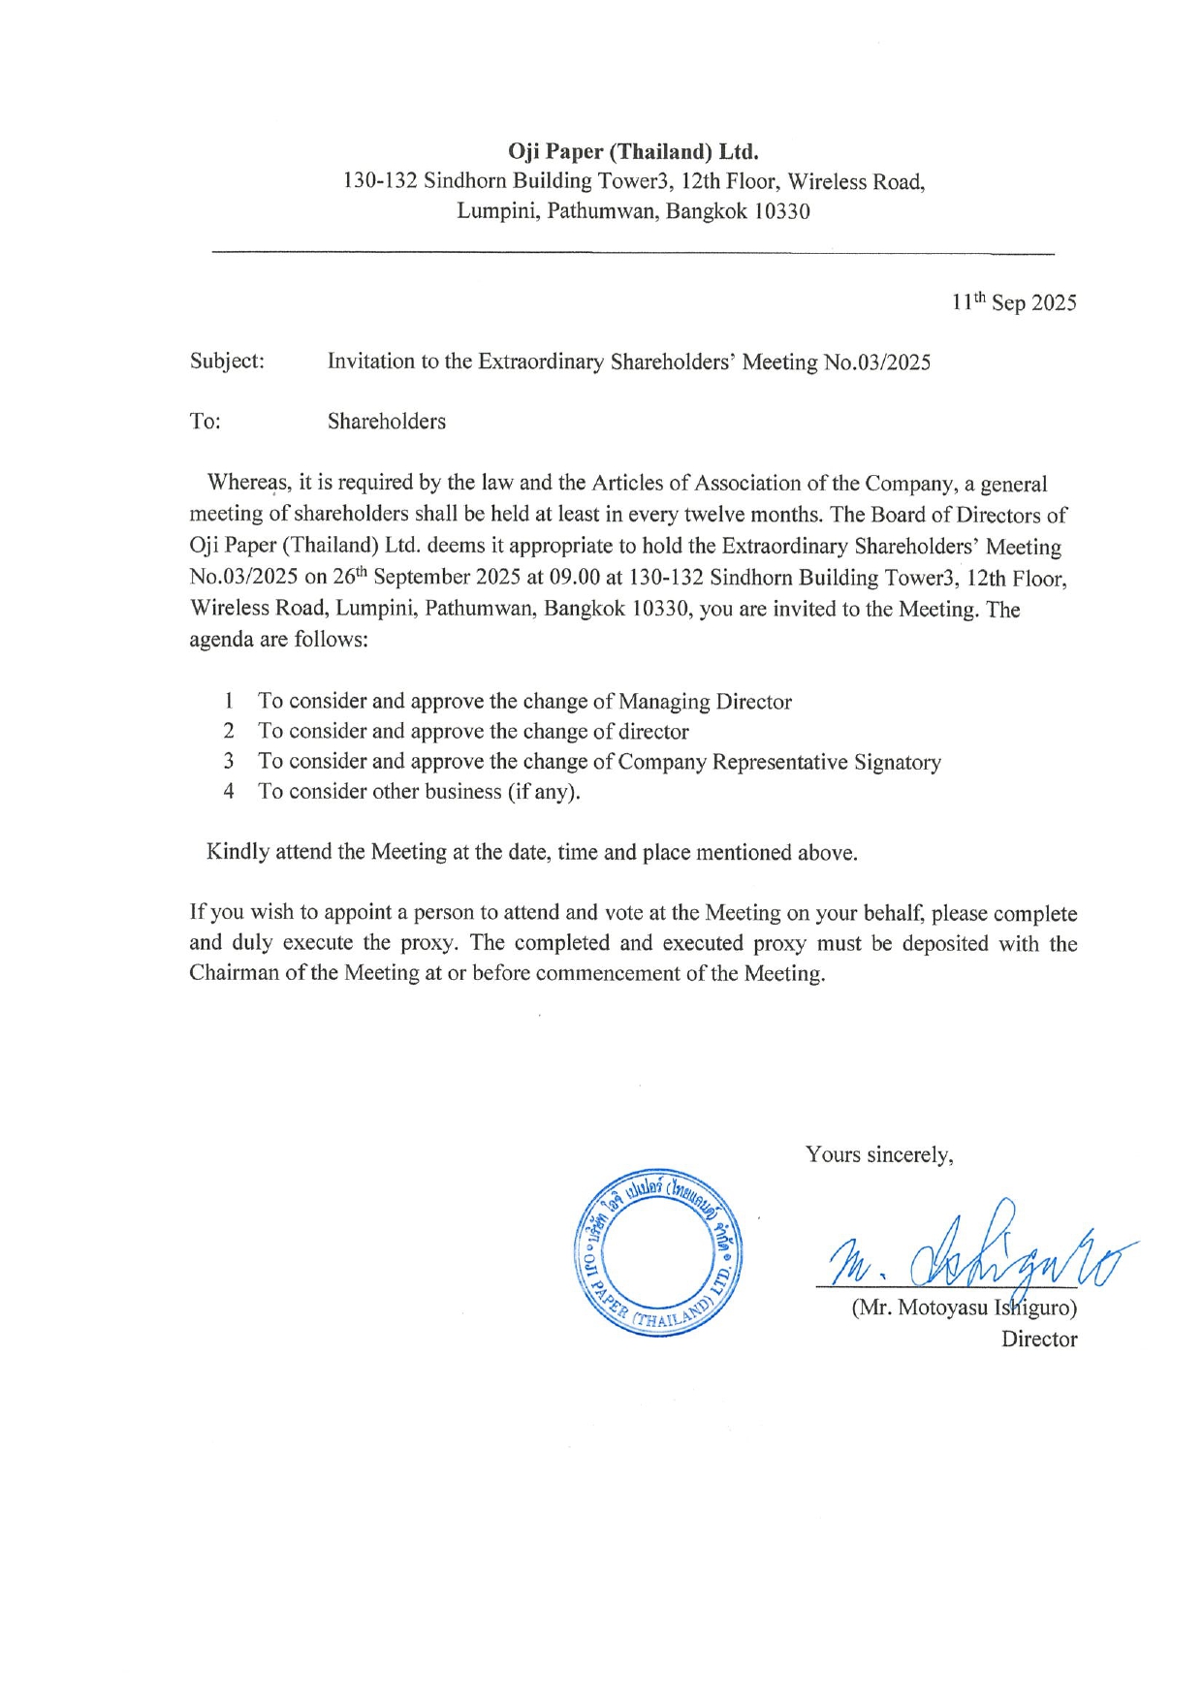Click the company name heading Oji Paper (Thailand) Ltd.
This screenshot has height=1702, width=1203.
click(x=633, y=152)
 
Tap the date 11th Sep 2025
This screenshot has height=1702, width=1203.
click(x=1013, y=302)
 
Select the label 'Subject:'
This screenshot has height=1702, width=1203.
click(x=227, y=361)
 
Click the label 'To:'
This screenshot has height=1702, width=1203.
click(x=205, y=422)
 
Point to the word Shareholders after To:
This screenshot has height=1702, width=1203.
click(x=387, y=422)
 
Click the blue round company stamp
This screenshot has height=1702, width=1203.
click(x=657, y=1257)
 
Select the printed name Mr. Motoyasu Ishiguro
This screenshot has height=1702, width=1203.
click(x=964, y=1308)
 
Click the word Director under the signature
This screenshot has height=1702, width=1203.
click(x=1039, y=1340)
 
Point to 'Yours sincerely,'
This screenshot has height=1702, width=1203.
click(x=879, y=1154)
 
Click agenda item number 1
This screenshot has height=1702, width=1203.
click(x=229, y=701)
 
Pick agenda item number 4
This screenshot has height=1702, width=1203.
click(x=229, y=791)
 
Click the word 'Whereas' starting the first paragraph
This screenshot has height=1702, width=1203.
click(x=248, y=483)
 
